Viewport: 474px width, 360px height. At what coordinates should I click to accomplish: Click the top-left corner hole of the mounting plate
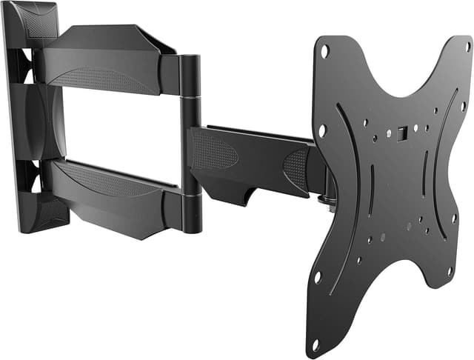click(324, 51)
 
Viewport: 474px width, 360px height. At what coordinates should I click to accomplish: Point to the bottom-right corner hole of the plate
click(449, 271)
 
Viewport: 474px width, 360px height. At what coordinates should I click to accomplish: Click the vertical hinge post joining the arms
click(190, 141)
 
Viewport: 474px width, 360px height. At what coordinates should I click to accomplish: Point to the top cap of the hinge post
click(190, 59)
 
